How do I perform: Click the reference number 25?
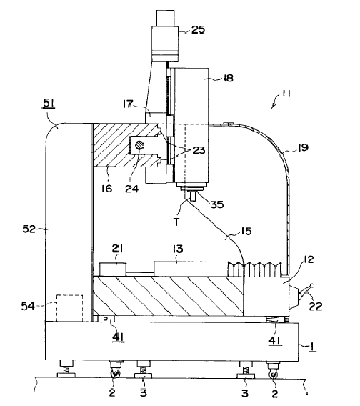tap(198, 30)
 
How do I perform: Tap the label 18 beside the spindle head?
tap(228, 78)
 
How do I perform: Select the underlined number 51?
tap(49, 104)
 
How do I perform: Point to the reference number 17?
tap(128, 104)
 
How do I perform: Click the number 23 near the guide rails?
tap(199, 150)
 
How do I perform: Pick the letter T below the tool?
tap(176, 222)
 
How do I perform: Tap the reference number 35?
tap(217, 204)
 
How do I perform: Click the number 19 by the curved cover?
tap(303, 147)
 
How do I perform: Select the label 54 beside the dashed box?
tap(28, 307)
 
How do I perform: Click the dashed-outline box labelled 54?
tap(69, 308)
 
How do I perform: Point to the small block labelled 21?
tap(113, 269)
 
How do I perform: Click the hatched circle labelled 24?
tap(140, 145)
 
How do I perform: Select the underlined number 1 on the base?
tap(313, 347)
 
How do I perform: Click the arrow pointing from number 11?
tap(275, 101)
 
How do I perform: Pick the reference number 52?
tap(29, 229)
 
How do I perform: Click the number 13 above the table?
tap(178, 249)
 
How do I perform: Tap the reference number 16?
tap(106, 189)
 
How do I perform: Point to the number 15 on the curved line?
tap(246, 231)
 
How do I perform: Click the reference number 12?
tap(308, 259)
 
